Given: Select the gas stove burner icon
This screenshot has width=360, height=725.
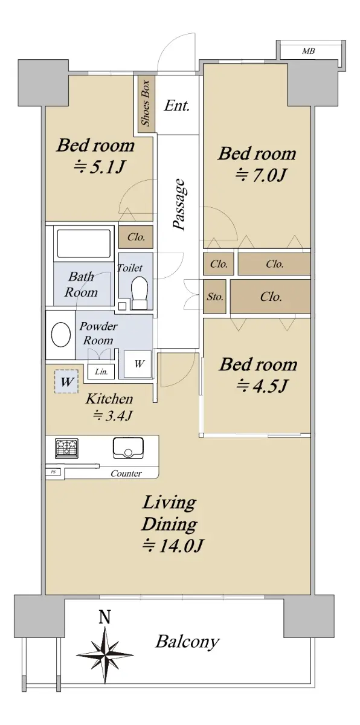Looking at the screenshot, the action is [x=66, y=448].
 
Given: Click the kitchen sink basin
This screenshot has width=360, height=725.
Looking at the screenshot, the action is [x=129, y=448].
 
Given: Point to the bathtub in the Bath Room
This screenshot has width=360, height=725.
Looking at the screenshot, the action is [x=84, y=243].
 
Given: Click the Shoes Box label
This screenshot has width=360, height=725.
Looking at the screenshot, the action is [x=146, y=103].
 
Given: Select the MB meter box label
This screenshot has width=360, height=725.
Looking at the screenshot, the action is [x=308, y=51].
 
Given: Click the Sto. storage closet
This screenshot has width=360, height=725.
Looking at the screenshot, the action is [x=215, y=297].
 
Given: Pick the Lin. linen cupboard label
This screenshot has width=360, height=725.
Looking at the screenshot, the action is [x=101, y=372].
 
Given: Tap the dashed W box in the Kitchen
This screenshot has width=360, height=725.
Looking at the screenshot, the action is [x=66, y=382].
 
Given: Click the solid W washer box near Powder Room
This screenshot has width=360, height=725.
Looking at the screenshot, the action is [x=138, y=364].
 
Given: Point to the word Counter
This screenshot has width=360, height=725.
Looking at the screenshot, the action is [x=126, y=474].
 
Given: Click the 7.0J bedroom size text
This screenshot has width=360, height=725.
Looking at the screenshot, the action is [x=261, y=176].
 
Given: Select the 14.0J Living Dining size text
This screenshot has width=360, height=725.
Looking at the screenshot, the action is [x=173, y=546].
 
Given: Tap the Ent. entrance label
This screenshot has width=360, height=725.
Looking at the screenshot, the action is [x=176, y=106].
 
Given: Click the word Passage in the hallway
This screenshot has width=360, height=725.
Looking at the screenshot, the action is [x=179, y=205].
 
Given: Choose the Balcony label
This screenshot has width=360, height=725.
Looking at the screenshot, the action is [x=188, y=642].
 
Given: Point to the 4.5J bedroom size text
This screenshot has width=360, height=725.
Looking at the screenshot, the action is [x=262, y=386].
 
